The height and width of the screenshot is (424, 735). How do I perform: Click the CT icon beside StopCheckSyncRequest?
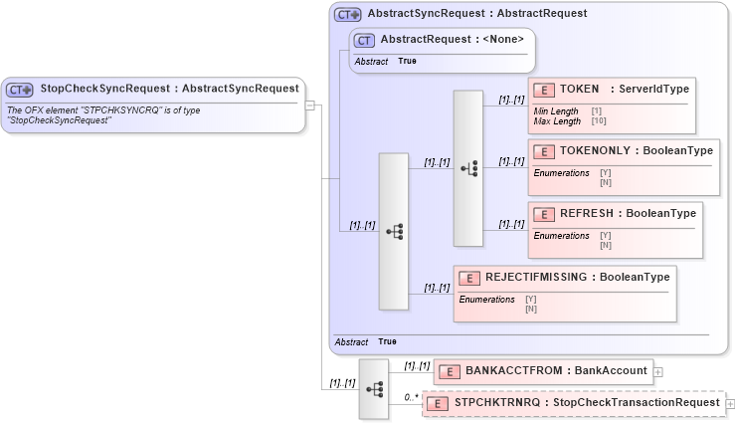pos(21,89)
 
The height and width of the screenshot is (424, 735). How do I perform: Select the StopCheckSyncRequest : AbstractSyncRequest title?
pos(169,89)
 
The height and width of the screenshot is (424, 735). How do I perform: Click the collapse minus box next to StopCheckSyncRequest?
pos(310,104)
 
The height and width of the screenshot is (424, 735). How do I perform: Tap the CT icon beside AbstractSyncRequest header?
pos(348,14)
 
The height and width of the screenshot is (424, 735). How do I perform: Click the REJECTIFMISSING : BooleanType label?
pos(577,277)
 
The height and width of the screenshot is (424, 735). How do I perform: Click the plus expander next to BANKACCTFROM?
pos(658,371)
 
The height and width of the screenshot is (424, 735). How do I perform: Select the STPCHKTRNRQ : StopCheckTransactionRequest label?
pos(587,403)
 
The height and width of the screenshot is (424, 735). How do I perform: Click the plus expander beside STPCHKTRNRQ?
pos(731,404)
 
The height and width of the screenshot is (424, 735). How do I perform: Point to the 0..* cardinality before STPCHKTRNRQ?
pos(410,398)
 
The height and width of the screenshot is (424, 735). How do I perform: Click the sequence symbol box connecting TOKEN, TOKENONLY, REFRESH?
pos(467,168)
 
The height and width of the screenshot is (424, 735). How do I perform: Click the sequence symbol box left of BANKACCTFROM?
pos(374,388)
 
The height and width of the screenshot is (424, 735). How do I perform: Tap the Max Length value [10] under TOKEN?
pos(598,121)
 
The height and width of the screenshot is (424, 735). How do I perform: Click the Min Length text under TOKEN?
pos(555,111)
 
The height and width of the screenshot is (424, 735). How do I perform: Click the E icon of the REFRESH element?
pos(543,214)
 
